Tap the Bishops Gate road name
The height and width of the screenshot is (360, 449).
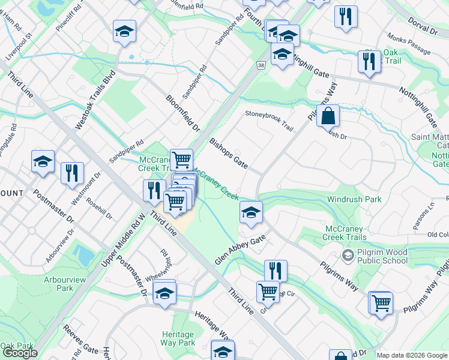228,153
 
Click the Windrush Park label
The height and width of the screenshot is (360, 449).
354,199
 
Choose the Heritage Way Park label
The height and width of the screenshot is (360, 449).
178,338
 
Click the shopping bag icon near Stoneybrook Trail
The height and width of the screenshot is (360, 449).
328,115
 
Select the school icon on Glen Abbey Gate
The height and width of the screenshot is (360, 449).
251,212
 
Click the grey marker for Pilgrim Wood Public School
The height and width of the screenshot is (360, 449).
348,256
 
